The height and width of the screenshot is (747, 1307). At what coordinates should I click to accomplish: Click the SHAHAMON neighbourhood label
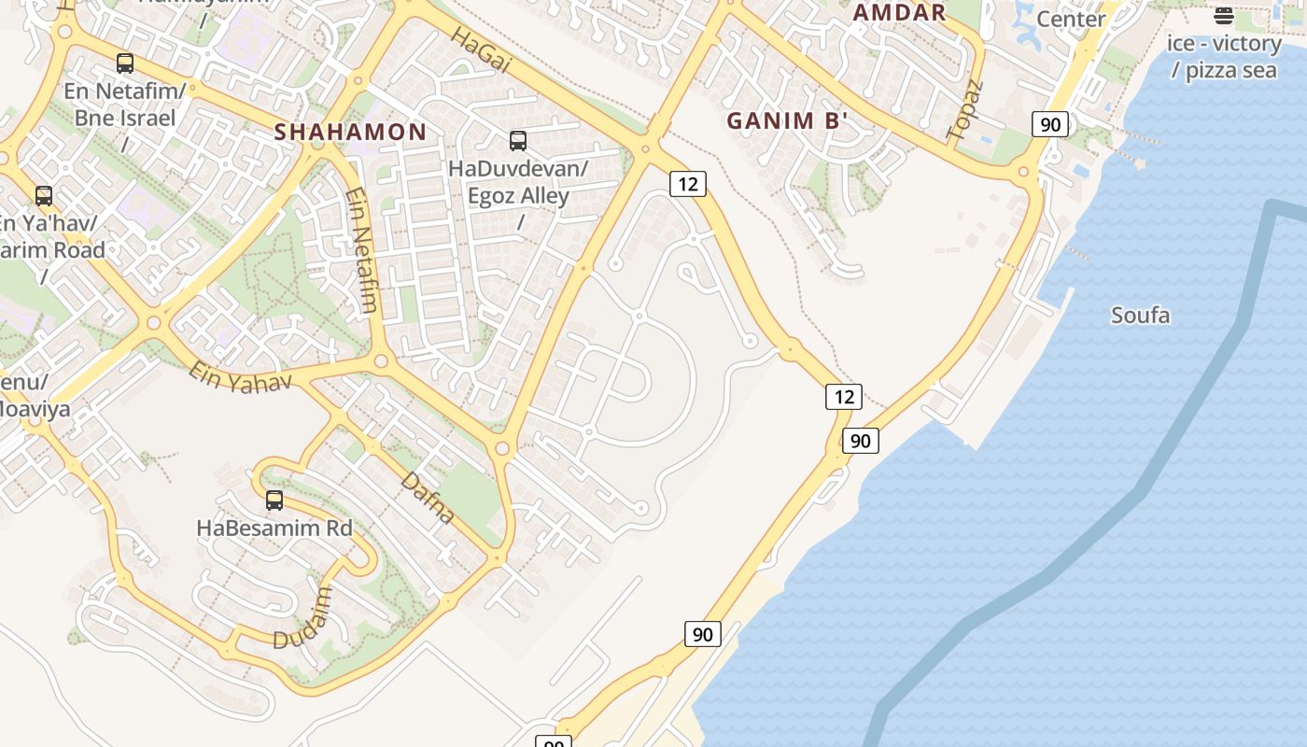click(x=350, y=132)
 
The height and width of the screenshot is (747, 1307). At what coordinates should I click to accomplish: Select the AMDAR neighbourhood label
click(x=900, y=12)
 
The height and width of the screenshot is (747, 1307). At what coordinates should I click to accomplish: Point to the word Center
click(x=1071, y=19)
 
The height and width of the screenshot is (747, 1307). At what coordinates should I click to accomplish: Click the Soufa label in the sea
click(x=1140, y=316)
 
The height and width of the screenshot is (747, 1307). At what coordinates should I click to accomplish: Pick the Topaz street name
click(x=964, y=110)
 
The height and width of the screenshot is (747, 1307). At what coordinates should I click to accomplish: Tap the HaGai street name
click(x=482, y=49)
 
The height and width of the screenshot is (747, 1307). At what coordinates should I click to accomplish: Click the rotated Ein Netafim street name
click(x=362, y=250)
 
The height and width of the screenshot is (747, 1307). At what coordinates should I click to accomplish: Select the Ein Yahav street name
click(x=240, y=377)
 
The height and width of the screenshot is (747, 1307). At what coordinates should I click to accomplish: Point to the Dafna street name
click(x=429, y=498)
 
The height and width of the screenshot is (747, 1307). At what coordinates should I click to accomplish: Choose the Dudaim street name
click(x=303, y=618)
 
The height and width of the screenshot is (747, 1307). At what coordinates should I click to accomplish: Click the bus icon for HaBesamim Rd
click(x=274, y=500)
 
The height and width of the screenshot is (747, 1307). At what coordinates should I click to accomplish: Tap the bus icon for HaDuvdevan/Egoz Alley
click(x=518, y=141)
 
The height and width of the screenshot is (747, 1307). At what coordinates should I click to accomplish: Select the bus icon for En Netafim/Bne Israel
click(x=125, y=63)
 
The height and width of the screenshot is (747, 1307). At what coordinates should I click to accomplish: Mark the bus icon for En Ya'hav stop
click(x=44, y=196)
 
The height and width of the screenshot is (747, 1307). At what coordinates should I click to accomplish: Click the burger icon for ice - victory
click(x=1223, y=15)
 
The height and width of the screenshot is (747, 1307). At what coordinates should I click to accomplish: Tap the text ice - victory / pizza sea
click(x=1223, y=56)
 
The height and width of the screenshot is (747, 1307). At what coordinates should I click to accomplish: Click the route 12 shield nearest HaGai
click(x=687, y=184)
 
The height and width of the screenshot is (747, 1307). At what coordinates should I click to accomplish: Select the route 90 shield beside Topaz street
click(x=1050, y=124)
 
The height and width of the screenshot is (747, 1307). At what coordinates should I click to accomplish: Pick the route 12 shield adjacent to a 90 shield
click(x=844, y=397)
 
